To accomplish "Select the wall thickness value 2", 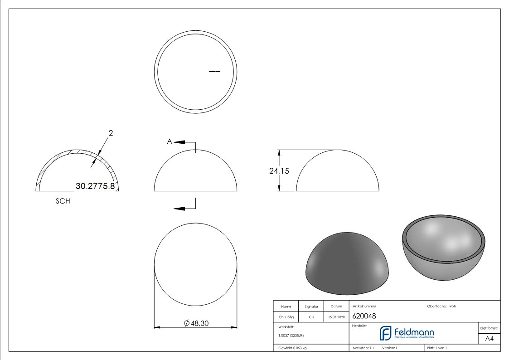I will [111, 133].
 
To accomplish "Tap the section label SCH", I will [63, 201].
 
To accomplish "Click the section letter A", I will [170, 142].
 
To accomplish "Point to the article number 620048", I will [364, 316].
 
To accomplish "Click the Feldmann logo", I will [407, 333].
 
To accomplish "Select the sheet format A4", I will [489, 339].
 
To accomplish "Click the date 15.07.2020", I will [336, 317].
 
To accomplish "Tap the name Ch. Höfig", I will [286, 317].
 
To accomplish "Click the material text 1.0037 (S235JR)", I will [291, 335].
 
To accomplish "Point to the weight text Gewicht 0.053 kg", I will [292, 348].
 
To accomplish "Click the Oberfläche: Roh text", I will [441, 306].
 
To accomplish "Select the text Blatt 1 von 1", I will [436, 348].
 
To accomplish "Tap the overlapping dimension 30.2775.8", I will [95, 186].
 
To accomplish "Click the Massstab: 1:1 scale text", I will [363, 348].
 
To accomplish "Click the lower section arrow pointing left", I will [179, 209].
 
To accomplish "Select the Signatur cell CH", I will [311, 317].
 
